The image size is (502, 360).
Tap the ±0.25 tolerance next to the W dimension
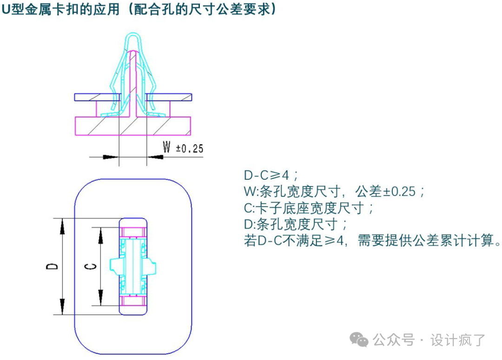(190, 149)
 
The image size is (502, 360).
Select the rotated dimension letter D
(52, 266)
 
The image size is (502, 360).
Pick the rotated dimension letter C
(91, 266)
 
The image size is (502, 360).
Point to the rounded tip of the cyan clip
(133, 37)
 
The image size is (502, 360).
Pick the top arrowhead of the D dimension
(62, 226)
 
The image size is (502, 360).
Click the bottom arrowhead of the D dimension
(62, 307)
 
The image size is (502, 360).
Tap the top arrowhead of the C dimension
(101, 236)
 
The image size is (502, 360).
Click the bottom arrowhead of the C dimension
(101, 297)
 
